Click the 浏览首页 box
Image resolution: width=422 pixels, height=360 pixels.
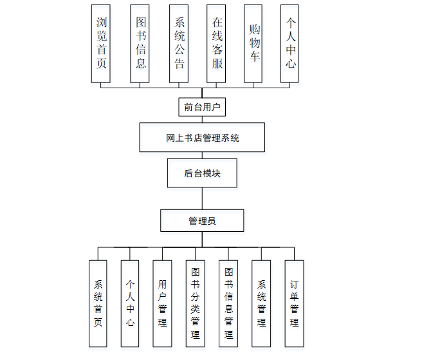[100, 43]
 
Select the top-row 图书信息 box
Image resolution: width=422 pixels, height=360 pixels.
[140, 43]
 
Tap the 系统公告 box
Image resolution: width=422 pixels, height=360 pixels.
[178, 43]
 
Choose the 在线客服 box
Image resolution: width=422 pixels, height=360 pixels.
[216, 43]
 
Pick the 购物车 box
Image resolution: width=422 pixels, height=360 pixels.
[253, 43]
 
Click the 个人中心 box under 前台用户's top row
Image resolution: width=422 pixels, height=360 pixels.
[289, 43]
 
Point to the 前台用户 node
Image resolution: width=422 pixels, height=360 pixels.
[202, 107]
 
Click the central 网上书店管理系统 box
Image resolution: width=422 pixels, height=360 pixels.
[202, 137]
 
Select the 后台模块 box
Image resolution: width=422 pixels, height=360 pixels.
[202, 173]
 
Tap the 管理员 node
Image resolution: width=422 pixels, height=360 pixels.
[202, 220]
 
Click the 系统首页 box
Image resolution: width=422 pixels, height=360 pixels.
[98, 303]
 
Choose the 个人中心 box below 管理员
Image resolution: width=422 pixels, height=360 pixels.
[130, 303]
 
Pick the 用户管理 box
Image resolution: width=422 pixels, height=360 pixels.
[162, 303]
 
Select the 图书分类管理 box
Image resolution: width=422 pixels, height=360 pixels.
[195, 303]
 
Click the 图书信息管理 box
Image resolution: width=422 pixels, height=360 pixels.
[228, 303]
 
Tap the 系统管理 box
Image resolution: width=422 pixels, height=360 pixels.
[261, 303]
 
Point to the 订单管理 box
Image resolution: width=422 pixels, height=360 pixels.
[294, 303]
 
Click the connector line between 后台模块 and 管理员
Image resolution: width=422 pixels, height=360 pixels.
[202, 198]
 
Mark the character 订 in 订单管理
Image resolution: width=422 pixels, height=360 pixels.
[294, 283]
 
